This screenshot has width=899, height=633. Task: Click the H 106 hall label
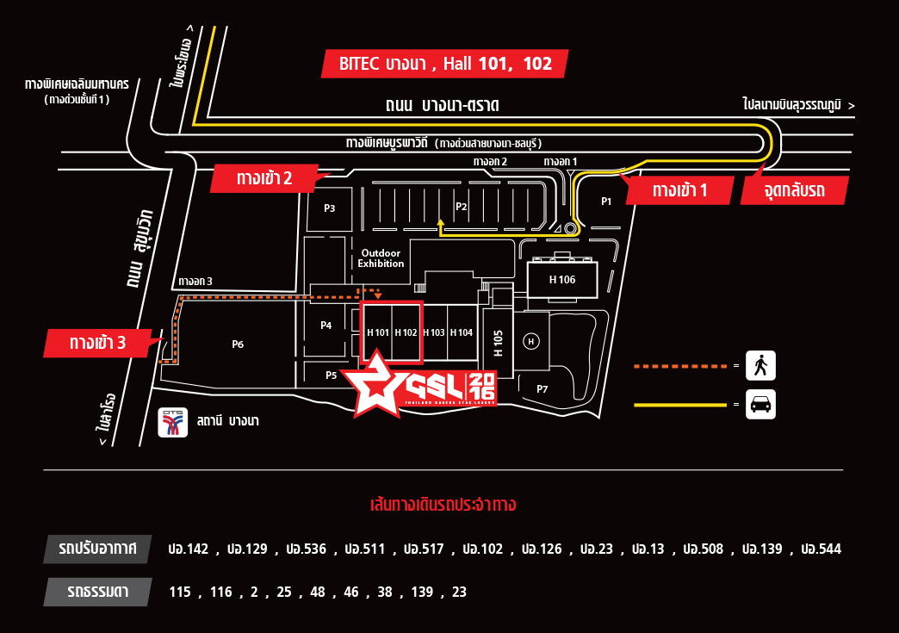pos(562,280)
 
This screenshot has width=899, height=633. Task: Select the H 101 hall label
pos(378,332)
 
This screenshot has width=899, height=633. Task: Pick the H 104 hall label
pos(462,332)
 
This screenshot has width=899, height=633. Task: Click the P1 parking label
pos(606,202)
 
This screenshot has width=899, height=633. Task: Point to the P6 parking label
pos(238,344)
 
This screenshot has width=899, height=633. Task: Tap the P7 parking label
pos(542,389)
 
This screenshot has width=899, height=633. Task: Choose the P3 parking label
pos(329,208)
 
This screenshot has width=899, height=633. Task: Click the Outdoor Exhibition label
pos(381,258)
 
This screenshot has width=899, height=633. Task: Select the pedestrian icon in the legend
pos(760,366)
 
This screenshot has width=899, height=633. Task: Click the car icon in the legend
pos(760,405)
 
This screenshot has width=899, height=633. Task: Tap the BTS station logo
pos(172,421)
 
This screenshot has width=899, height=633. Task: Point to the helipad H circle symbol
pos(531,342)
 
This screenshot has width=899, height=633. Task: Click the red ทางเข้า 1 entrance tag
pos(679,190)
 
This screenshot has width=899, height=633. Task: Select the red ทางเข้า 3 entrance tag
pos(97,343)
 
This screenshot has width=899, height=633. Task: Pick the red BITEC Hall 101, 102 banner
pos(445,64)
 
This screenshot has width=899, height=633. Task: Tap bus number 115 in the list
pos(180,592)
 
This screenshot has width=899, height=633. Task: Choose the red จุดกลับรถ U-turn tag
pos(794,190)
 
